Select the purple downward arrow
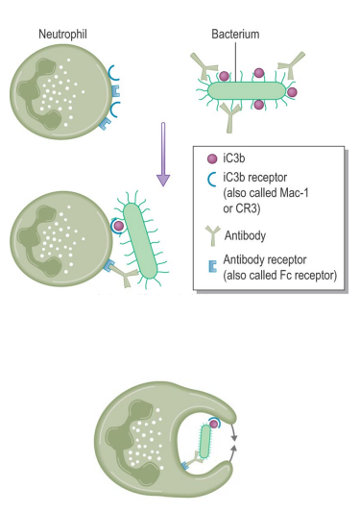coord(163,153)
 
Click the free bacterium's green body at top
coord(244,89)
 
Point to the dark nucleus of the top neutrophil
coord(38,86)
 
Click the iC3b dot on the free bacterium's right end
coord(292,92)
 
